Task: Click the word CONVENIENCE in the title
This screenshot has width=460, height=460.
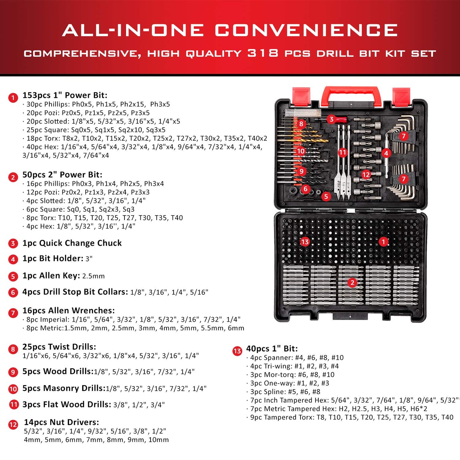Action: [306, 31]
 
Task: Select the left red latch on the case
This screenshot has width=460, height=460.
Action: [301, 96]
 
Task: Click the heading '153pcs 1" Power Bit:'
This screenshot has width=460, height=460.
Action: [65, 95]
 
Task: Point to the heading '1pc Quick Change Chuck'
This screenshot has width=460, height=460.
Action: [72, 243]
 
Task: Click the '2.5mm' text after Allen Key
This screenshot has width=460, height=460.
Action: [93, 276]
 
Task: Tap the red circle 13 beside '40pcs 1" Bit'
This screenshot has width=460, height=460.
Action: [237, 351]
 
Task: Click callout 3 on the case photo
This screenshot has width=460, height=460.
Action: [331, 119]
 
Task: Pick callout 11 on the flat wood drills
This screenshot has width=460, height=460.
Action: [342, 153]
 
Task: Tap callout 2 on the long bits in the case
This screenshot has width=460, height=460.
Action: [352, 283]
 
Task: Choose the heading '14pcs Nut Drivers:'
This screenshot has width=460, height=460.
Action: [61, 422]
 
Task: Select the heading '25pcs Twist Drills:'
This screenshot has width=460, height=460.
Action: [59, 347]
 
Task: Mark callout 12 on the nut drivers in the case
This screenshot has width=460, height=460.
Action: [366, 174]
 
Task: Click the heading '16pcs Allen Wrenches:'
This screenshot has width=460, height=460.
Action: [68, 311]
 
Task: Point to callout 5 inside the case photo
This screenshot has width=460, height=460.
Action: [326, 196]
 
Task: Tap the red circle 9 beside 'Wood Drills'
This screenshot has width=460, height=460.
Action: [13, 372]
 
